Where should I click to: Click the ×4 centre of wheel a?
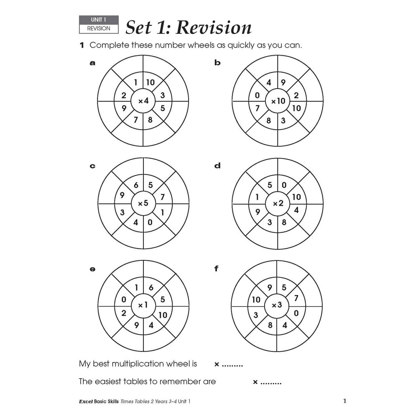(143, 101)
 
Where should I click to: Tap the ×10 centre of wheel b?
(278, 101)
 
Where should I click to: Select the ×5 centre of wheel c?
(143, 204)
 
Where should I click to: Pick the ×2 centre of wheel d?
(278, 204)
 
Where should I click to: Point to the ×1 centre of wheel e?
(143, 306)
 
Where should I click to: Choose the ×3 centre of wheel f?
(278, 306)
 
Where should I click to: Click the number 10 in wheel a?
(150, 83)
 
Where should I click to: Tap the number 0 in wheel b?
(257, 96)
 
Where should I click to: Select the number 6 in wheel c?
(136, 185)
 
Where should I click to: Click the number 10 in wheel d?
(296, 197)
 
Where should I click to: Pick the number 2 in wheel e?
(124, 313)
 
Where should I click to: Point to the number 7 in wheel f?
(296, 298)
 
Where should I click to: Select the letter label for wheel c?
(92, 166)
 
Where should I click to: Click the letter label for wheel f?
(216, 269)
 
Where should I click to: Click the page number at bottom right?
(344, 401)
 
